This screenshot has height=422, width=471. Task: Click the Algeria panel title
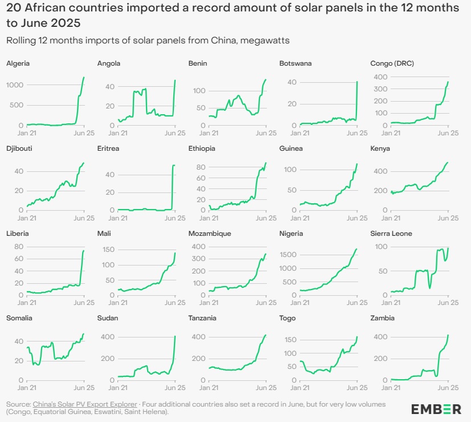point(18,63)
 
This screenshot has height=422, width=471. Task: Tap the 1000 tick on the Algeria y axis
point(15,85)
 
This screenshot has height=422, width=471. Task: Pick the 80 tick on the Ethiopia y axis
point(200,166)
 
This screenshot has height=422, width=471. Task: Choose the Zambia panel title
point(382,318)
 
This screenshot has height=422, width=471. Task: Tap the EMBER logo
point(436,408)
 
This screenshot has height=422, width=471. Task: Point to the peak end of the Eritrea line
point(174,166)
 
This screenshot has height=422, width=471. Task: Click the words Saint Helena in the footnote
point(152,411)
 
